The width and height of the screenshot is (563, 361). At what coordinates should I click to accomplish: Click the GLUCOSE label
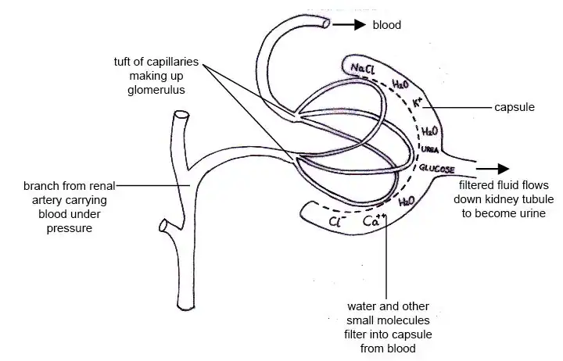pos(439,167)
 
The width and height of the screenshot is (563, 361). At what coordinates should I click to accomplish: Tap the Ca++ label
pos(374,222)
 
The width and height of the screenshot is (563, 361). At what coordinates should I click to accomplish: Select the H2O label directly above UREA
pos(430,132)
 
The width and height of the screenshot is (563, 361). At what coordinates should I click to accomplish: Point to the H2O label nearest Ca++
pos(407,202)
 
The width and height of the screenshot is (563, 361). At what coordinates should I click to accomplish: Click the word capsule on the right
pos(515,106)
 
